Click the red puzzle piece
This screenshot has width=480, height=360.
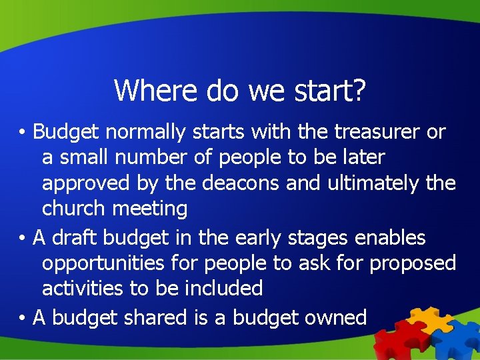(x=395, y=337)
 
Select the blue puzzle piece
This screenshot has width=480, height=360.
(x=458, y=337)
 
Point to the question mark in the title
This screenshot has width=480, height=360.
(x=358, y=90)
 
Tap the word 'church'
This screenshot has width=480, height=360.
(x=74, y=209)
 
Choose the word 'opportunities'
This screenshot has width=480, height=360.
(x=103, y=264)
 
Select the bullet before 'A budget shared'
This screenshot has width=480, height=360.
(x=22, y=318)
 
